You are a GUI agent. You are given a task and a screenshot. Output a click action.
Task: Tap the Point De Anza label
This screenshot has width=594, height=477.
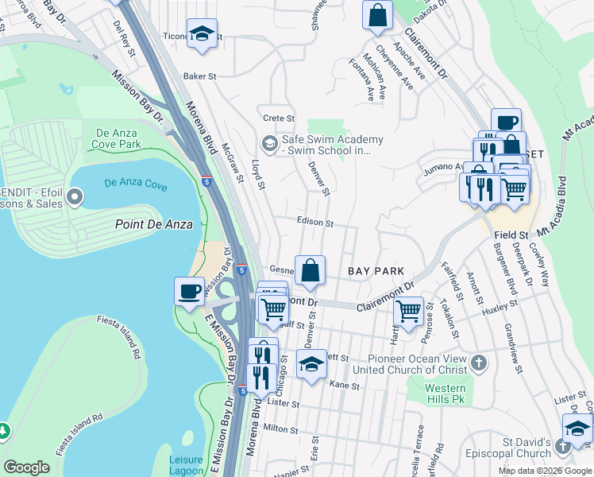tap(154, 224)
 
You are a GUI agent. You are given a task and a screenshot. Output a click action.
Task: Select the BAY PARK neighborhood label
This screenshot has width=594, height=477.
tap(376, 271)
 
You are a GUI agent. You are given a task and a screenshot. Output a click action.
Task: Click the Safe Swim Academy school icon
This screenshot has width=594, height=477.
tap(269, 144)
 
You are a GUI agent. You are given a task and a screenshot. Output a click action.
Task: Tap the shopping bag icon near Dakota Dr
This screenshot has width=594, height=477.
tap(378, 14)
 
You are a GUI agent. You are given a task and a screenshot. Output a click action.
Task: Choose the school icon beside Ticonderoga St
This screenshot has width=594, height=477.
tap(202, 33)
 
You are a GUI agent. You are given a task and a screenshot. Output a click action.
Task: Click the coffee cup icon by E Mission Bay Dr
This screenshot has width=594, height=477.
tap(189, 291)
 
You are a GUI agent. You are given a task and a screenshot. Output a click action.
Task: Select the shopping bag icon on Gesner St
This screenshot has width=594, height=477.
tap(310, 269)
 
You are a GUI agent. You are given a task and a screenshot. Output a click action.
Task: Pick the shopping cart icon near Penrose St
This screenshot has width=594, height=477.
tap(409, 311)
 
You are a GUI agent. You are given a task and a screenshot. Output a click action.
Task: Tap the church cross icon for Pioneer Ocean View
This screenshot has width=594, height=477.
tap(477, 363)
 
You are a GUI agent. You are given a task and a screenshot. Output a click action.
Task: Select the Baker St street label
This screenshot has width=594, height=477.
tap(200, 76)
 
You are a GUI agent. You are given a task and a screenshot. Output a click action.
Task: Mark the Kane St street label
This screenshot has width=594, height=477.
tap(345, 386)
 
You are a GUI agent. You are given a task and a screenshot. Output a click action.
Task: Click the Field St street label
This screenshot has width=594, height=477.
tap(511, 235)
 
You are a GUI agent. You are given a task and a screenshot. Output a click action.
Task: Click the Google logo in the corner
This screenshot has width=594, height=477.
tap(27, 467)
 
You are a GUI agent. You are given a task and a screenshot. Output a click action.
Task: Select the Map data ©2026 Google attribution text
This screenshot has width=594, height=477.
tap(545, 471)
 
